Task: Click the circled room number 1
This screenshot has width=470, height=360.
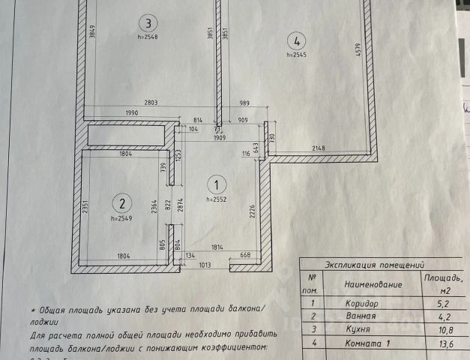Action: coord(216,183)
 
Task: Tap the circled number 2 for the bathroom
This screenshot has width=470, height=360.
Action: coord(121,202)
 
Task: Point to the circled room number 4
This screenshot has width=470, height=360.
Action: coord(298,41)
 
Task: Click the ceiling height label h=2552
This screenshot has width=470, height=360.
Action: coord(217,199)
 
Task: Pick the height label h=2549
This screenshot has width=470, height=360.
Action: coord(121,218)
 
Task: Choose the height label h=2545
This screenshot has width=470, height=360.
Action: coord(298,55)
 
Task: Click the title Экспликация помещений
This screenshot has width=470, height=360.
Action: coord(375,265)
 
